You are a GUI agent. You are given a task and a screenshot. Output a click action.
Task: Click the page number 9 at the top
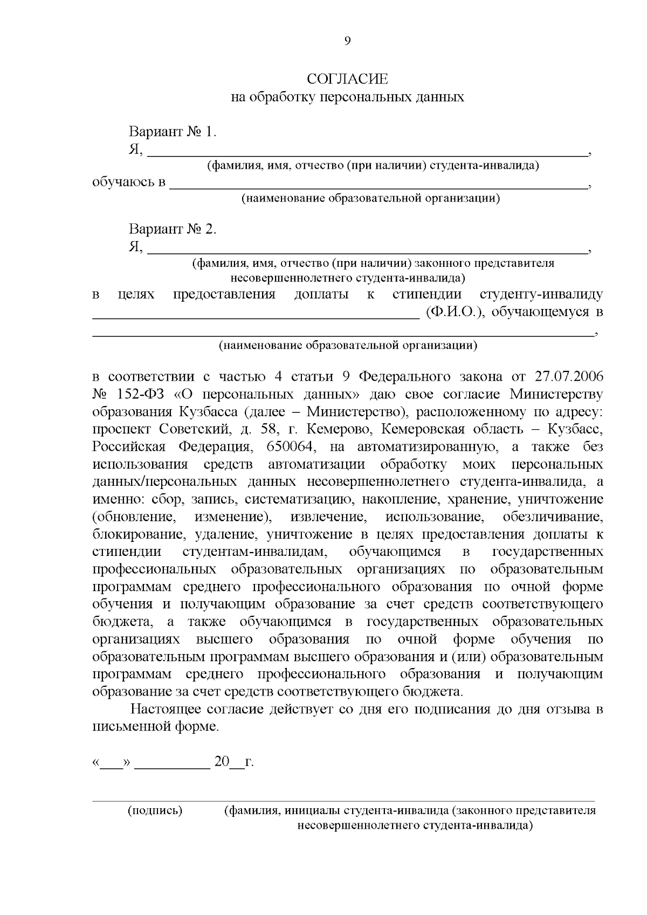347,42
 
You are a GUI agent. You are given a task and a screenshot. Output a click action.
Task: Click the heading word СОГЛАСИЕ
347,80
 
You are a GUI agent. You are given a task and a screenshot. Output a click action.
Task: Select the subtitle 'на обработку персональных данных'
347,98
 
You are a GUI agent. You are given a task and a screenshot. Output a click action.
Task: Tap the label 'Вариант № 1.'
172,132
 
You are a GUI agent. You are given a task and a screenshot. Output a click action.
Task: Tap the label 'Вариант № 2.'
172,229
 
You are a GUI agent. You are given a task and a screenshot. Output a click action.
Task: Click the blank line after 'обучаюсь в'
377,186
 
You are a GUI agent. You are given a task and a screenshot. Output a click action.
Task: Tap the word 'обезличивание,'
553,518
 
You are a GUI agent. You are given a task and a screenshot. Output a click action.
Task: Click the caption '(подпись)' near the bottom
155,811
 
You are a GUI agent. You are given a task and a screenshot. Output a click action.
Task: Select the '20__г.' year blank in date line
233,762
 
